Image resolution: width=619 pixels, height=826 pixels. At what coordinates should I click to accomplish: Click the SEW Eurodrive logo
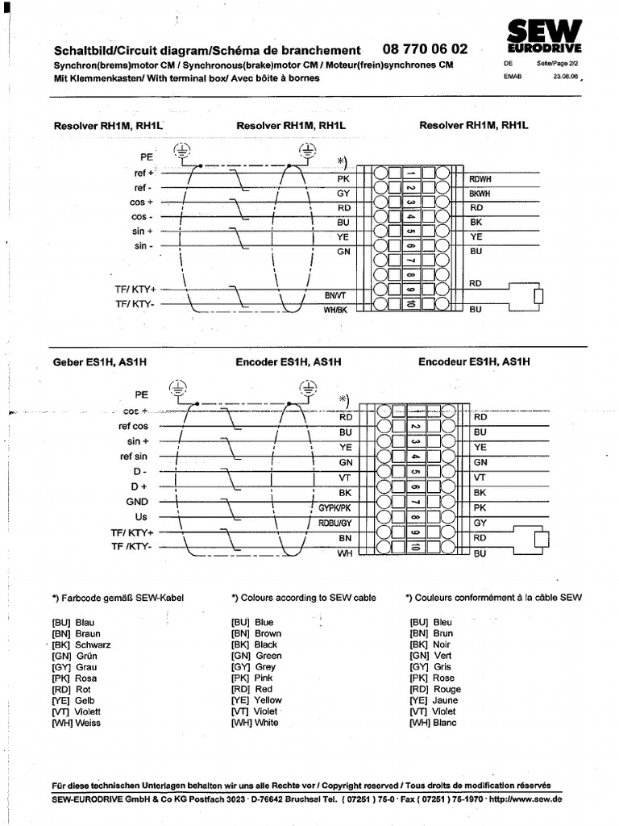click(x=544, y=36)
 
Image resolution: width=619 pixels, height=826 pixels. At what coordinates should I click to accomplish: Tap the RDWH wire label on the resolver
click(x=480, y=179)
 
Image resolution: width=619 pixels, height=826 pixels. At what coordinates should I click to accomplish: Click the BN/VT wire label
click(x=334, y=295)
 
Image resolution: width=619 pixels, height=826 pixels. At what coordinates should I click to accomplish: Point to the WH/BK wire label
click(x=334, y=310)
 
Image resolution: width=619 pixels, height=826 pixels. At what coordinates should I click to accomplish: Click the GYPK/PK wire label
click(x=334, y=508)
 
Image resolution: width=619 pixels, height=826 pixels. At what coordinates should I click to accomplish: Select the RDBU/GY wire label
click(x=334, y=523)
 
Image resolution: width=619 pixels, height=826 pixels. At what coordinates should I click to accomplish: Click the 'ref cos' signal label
click(x=133, y=426)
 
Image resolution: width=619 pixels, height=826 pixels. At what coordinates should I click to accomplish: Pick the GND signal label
click(x=136, y=501)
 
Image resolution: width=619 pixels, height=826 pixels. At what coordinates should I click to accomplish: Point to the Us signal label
click(x=141, y=516)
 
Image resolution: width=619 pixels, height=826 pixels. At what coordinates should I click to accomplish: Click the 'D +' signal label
click(x=139, y=486)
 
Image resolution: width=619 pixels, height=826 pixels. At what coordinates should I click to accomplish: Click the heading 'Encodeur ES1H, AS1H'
click(x=474, y=362)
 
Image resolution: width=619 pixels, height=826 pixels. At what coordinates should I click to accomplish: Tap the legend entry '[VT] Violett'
click(x=76, y=712)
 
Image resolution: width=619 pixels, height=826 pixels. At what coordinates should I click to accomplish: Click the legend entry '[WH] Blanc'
click(x=433, y=723)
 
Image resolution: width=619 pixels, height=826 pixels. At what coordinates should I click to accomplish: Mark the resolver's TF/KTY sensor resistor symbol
click(x=538, y=296)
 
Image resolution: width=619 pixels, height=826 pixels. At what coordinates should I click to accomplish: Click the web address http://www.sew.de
click(x=526, y=799)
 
